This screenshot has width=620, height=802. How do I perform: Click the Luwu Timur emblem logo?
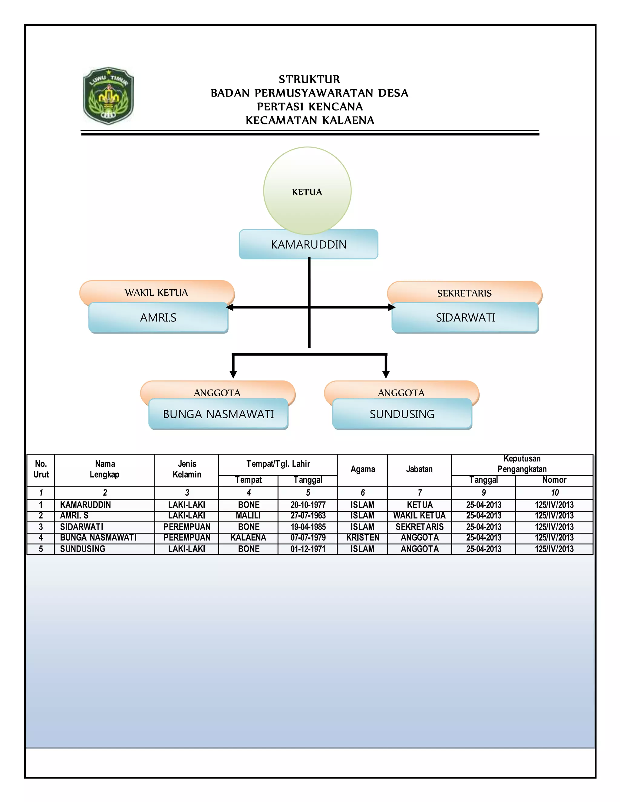(108, 96)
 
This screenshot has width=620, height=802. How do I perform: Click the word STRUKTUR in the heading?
(309, 79)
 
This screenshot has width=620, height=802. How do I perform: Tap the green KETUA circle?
(307, 191)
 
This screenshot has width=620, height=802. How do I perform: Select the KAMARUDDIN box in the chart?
(308, 245)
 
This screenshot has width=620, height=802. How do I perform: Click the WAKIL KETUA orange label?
(157, 292)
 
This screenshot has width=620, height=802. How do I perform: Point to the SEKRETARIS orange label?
(464, 293)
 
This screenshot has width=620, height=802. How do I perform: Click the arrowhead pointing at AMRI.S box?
(229, 307)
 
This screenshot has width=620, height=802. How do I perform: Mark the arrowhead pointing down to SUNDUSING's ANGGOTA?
(386, 374)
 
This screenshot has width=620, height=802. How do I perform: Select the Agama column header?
(362, 469)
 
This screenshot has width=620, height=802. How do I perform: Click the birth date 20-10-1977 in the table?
(308, 505)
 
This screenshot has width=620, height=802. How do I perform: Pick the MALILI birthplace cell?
(248, 516)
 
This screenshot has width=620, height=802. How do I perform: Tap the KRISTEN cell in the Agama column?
(362, 537)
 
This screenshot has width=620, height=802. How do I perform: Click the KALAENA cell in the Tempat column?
(248, 537)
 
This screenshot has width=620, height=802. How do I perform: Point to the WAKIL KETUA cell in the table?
(420, 516)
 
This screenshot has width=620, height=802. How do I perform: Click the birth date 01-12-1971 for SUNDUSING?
(308, 549)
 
